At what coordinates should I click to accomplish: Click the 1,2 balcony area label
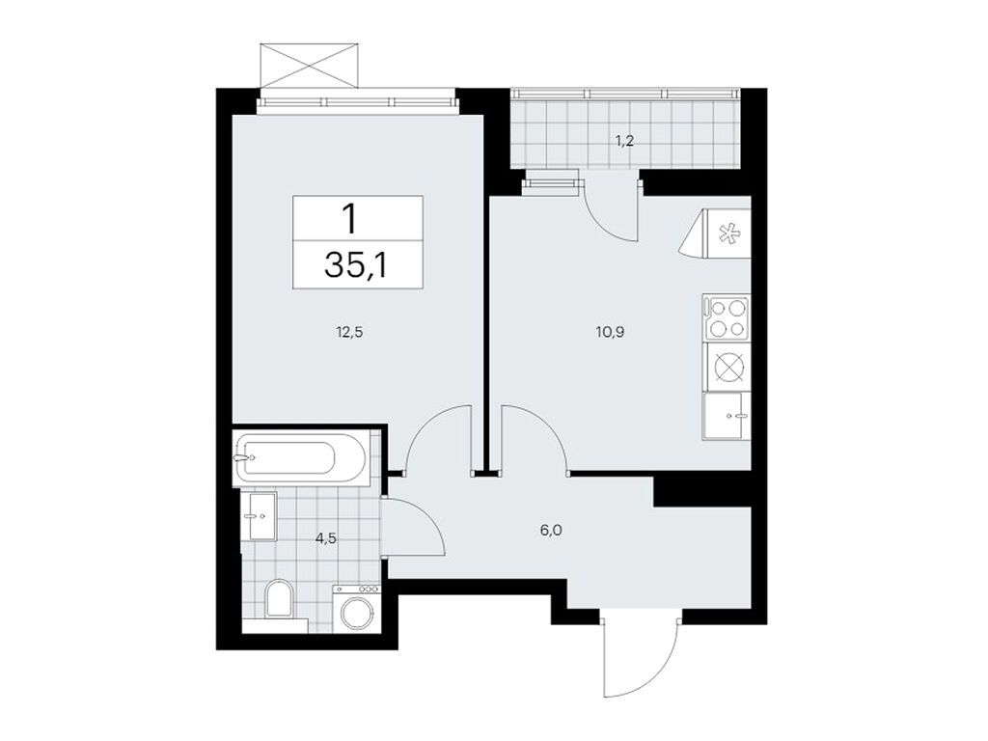(x=625, y=140)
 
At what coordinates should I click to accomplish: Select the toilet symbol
(x=279, y=599)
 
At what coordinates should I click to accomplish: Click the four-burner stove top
(x=726, y=318)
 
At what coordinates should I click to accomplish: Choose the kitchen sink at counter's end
(x=726, y=416)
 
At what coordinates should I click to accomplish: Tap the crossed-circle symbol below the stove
(x=726, y=368)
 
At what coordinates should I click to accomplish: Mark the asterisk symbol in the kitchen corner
(x=729, y=233)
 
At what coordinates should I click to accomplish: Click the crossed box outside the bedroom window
(x=310, y=65)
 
